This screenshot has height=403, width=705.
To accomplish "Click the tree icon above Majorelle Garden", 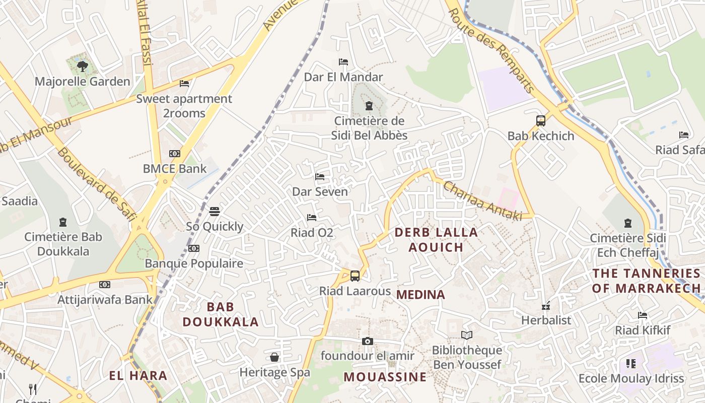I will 83,66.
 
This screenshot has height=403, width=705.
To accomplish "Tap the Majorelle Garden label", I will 83,81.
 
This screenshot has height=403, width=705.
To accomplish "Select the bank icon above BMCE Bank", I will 175,154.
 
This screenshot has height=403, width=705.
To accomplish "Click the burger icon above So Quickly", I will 215,211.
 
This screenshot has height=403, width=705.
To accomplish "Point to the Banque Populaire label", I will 194,263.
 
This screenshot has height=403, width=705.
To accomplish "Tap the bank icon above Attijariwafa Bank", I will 105,285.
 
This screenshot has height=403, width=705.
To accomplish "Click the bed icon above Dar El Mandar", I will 343,62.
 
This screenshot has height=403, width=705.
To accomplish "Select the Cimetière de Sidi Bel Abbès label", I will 369,128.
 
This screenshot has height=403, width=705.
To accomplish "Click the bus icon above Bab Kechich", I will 541,121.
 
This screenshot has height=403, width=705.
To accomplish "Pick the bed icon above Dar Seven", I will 320,177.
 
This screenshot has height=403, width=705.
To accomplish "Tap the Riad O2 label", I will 312,233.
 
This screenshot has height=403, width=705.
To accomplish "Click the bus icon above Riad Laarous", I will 355,276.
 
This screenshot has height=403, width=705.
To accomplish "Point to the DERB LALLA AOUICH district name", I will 436,240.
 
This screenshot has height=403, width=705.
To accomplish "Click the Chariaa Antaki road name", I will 482,200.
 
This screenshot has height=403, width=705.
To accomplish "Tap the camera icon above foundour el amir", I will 368,341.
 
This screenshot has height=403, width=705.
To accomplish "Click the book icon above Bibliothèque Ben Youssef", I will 467,335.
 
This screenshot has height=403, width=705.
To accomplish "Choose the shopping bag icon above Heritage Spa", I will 274,357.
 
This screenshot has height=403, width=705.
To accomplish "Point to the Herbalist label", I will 546,320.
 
